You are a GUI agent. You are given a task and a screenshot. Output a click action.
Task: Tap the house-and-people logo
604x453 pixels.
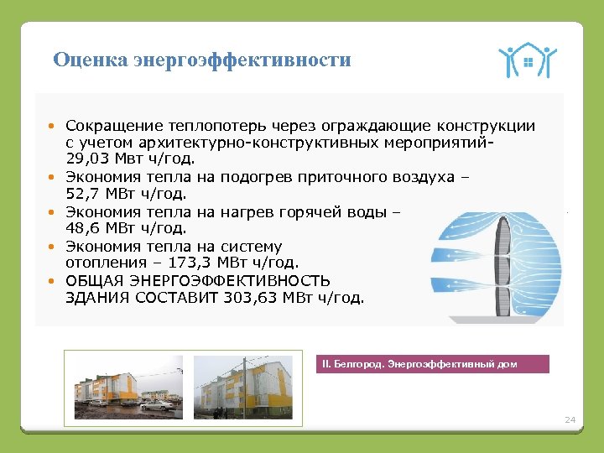[527, 60]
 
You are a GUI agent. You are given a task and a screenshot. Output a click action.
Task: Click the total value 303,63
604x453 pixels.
[257, 297]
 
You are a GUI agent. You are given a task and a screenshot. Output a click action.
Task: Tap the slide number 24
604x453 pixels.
[570, 419]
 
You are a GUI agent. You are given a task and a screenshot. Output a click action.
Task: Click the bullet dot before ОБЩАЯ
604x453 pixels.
[51, 280]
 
